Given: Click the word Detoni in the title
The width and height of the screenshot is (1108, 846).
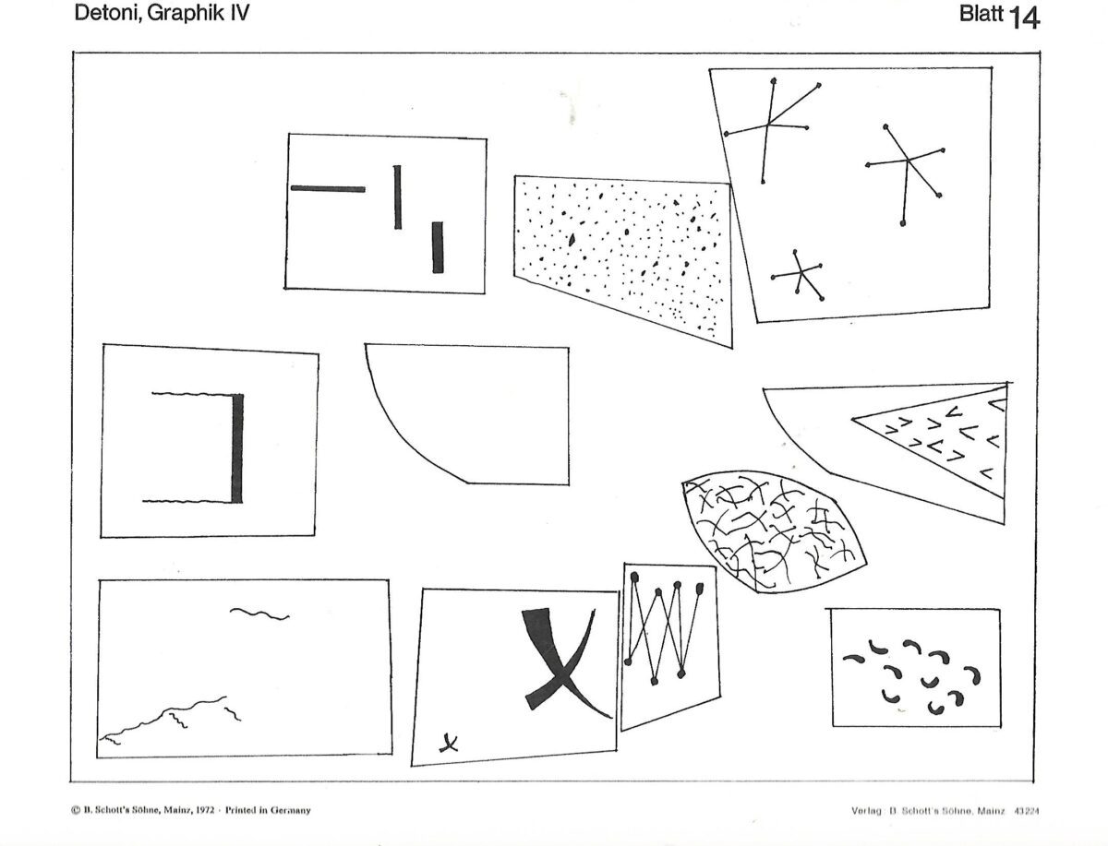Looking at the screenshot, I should pyautogui.click(x=104, y=14).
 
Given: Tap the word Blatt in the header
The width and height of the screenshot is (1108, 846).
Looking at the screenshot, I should pyautogui.click(x=981, y=15).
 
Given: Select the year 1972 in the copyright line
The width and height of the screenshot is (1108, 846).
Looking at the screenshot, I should pyautogui.click(x=203, y=810).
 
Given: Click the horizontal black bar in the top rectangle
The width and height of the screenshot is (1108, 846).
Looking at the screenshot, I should pyautogui.click(x=328, y=188).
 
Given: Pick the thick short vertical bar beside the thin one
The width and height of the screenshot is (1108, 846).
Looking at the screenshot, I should pyautogui.click(x=438, y=247).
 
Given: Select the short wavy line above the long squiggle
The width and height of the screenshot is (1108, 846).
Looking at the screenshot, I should pyautogui.click(x=259, y=614).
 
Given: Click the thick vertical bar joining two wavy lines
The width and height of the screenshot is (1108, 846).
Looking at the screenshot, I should pyautogui.click(x=237, y=448).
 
